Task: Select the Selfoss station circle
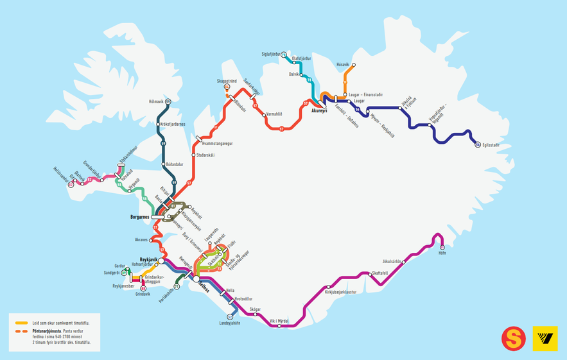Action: point(195,279)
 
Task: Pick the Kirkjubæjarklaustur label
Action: point(341,292)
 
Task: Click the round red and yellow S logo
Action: point(514,338)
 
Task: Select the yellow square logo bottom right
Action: point(545,338)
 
